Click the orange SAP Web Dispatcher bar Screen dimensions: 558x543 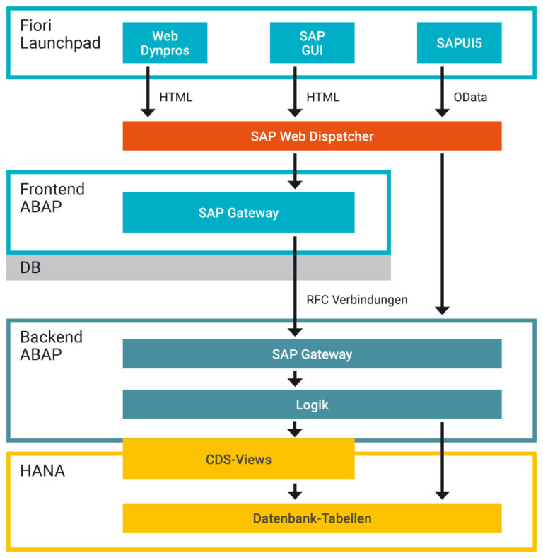[312, 136]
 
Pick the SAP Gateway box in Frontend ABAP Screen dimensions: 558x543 [238, 212]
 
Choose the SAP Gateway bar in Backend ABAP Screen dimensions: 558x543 [312, 354]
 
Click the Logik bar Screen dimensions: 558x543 [312, 405]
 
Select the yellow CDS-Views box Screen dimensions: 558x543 [238, 459]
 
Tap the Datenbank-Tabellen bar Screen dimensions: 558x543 [312, 518]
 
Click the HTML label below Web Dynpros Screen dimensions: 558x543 [176, 98]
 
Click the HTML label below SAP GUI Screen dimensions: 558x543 [322, 98]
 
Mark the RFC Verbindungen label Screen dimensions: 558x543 [356, 299]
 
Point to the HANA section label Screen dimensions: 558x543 [42, 470]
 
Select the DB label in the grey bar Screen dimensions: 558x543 [30, 267]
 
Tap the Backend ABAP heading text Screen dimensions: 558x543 [51, 345]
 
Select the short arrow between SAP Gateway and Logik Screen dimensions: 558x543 [296, 379]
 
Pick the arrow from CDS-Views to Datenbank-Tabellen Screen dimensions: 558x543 [296, 491]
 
